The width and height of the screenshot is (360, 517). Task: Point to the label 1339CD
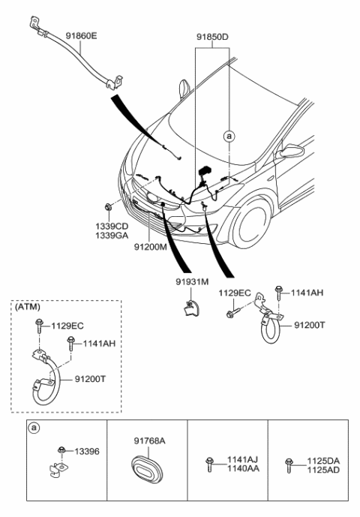(x=112, y=224)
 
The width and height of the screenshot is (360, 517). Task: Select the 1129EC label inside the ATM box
(x=67, y=326)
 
